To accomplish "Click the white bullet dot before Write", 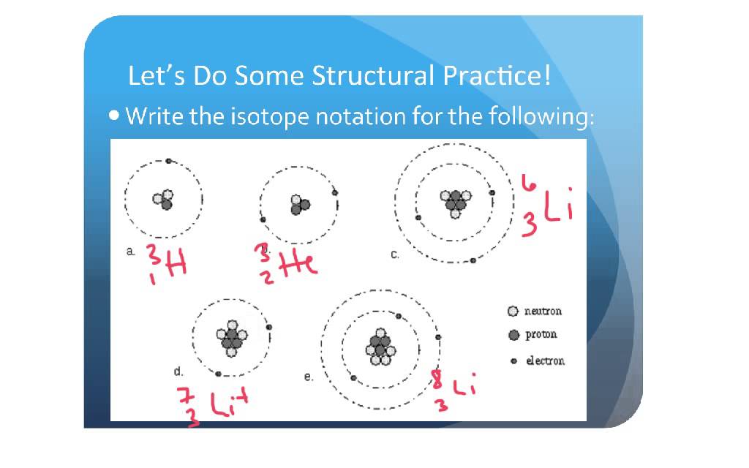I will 115,116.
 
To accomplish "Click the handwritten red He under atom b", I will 300,262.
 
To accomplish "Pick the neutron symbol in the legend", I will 513,312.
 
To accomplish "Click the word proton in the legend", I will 541,334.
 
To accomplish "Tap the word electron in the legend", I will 546,361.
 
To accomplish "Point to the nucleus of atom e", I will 380,347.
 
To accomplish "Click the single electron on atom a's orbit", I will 168,161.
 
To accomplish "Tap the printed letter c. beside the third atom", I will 394,254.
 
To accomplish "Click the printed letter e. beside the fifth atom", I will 308,377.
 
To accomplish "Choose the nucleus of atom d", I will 232,338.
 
